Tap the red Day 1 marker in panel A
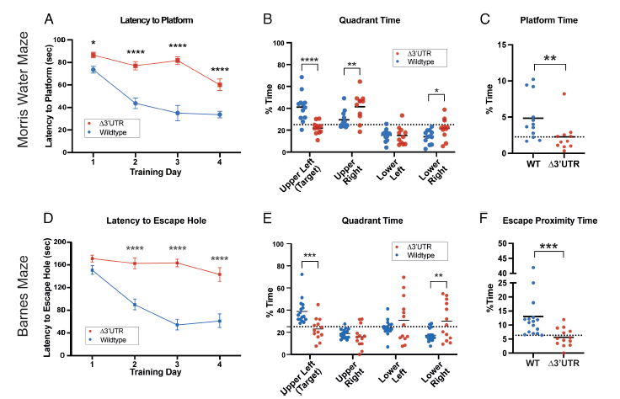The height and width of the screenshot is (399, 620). click(93, 55)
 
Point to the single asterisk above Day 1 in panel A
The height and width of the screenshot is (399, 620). click(93, 43)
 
